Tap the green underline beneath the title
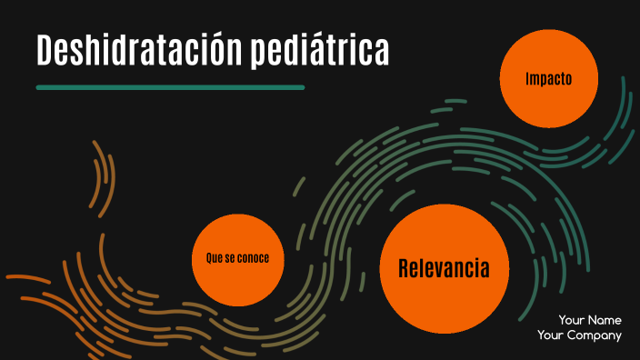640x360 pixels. [170, 87]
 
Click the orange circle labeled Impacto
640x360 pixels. [549, 79]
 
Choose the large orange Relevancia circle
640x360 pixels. [444, 269]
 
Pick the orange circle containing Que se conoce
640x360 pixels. [237, 259]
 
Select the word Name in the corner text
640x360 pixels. [605, 320]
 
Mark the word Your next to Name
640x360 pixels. [572, 320]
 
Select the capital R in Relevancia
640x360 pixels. [405, 269]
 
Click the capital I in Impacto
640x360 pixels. [527, 79]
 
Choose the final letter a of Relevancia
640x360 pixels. [485, 270]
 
